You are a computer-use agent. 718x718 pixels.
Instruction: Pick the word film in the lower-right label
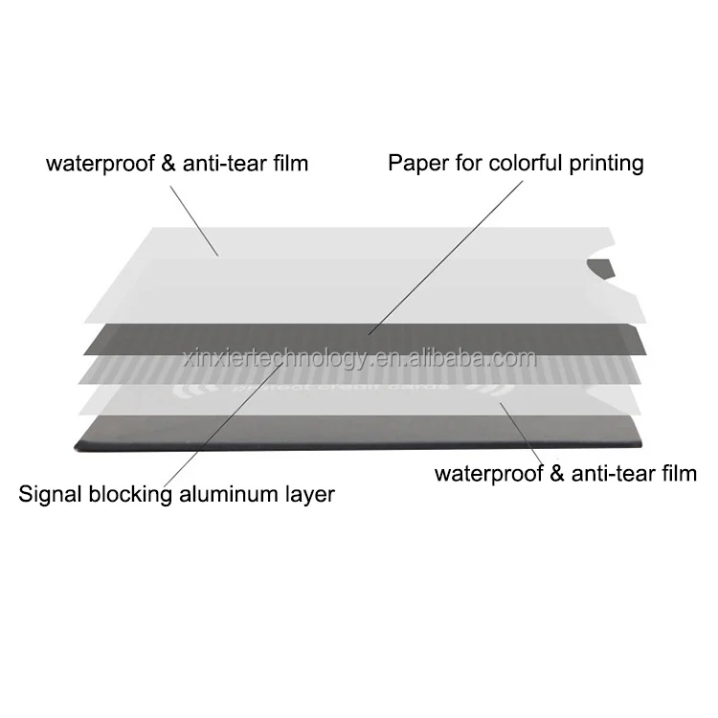click(675, 472)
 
